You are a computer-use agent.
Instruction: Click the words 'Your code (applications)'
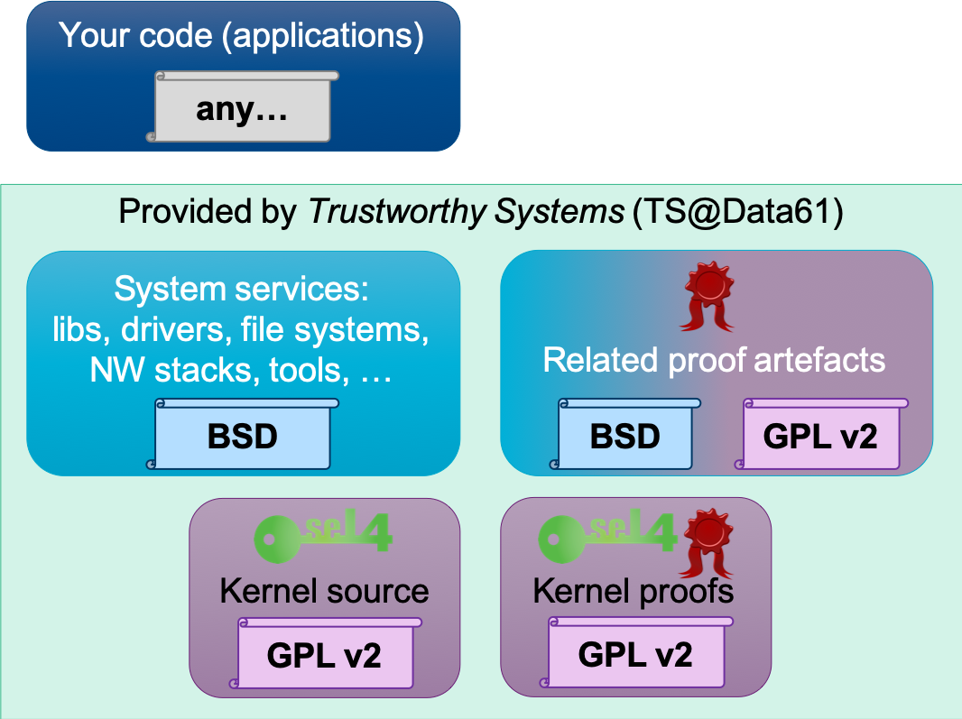pyautogui.click(x=242, y=36)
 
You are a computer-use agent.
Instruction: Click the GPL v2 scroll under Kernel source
pyautogui.click(x=325, y=654)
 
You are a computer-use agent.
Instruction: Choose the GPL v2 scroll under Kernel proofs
pyautogui.click(x=635, y=654)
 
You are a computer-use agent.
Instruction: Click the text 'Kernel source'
pyautogui.click(x=324, y=591)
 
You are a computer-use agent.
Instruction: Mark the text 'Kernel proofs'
pyautogui.click(x=634, y=591)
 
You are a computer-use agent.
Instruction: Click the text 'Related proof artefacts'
pyautogui.click(x=714, y=360)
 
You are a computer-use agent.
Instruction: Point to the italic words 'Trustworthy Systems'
pyautogui.click(x=466, y=212)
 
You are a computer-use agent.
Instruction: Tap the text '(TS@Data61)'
pyautogui.click(x=737, y=212)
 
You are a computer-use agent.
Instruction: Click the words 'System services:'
pyautogui.click(x=242, y=290)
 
